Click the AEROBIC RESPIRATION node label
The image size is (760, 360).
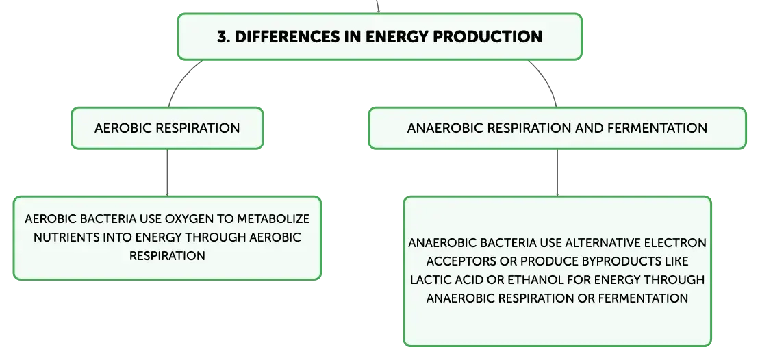coord(167,128)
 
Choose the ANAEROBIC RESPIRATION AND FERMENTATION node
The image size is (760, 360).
coord(557,128)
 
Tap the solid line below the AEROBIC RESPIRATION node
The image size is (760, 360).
coord(167,172)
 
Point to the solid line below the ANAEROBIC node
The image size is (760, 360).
coord(556,172)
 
